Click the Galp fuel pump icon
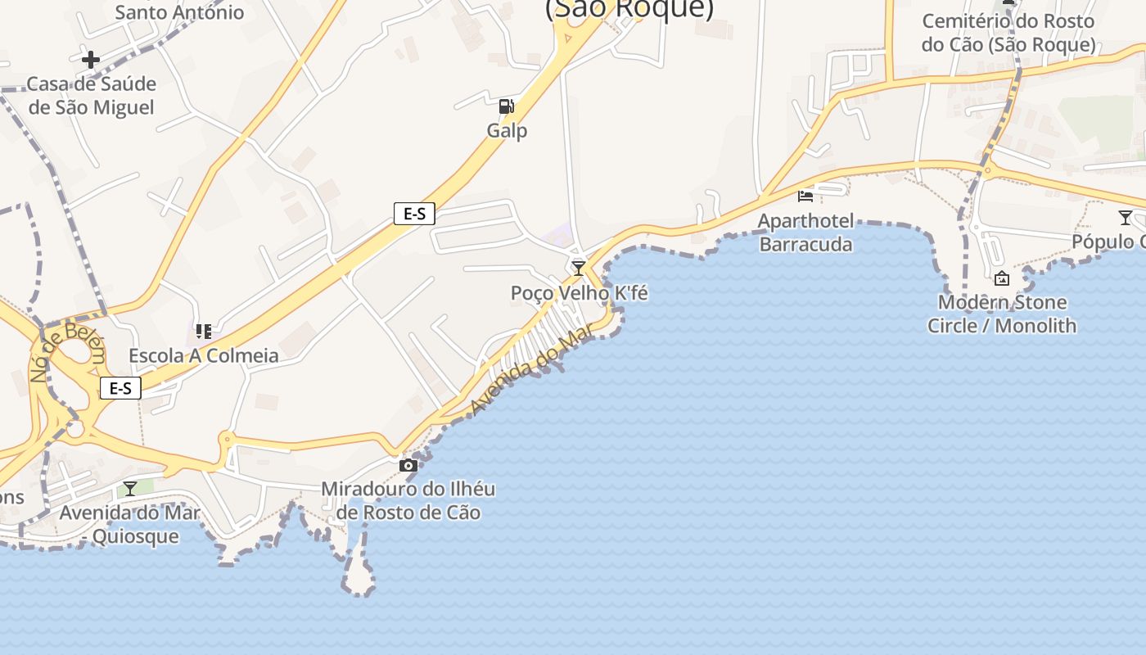507,106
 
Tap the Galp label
507,130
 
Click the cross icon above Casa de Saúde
91,59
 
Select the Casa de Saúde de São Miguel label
91,95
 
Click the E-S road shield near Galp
414,214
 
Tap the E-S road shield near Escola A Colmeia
120,388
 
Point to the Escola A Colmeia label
204,355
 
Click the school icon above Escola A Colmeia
204,332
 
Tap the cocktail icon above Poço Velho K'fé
579,268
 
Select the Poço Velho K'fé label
579,292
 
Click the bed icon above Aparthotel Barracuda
805,196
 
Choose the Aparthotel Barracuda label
805,233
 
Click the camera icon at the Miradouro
408,465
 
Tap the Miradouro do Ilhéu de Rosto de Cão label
408,500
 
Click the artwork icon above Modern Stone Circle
1001,278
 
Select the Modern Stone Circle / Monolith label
1001,314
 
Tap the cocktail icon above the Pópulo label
1126,218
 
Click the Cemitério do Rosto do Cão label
1008,33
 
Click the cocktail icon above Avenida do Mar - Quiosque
130,489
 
